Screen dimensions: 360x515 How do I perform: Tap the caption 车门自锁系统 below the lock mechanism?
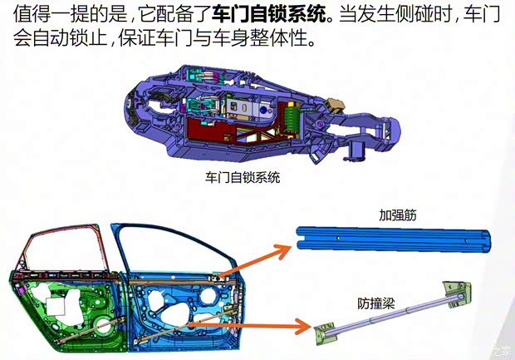click(242, 178)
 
